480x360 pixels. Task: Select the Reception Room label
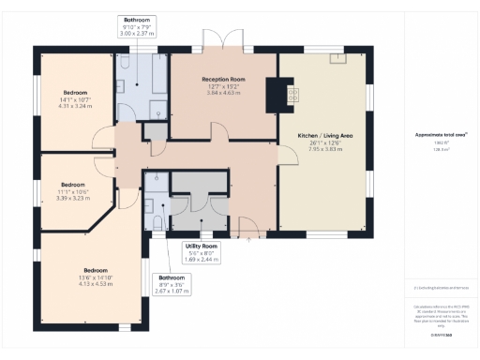(x=222, y=80)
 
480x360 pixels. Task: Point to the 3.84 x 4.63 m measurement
(x=222, y=94)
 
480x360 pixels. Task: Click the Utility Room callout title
(x=202, y=245)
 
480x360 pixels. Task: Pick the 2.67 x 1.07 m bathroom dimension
(x=171, y=292)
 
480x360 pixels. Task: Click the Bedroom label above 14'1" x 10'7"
(x=76, y=92)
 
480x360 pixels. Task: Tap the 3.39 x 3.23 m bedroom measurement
(x=72, y=198)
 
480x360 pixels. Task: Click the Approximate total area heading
(x=434, y=135)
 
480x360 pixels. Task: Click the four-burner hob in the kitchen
(x=292, y=94)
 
